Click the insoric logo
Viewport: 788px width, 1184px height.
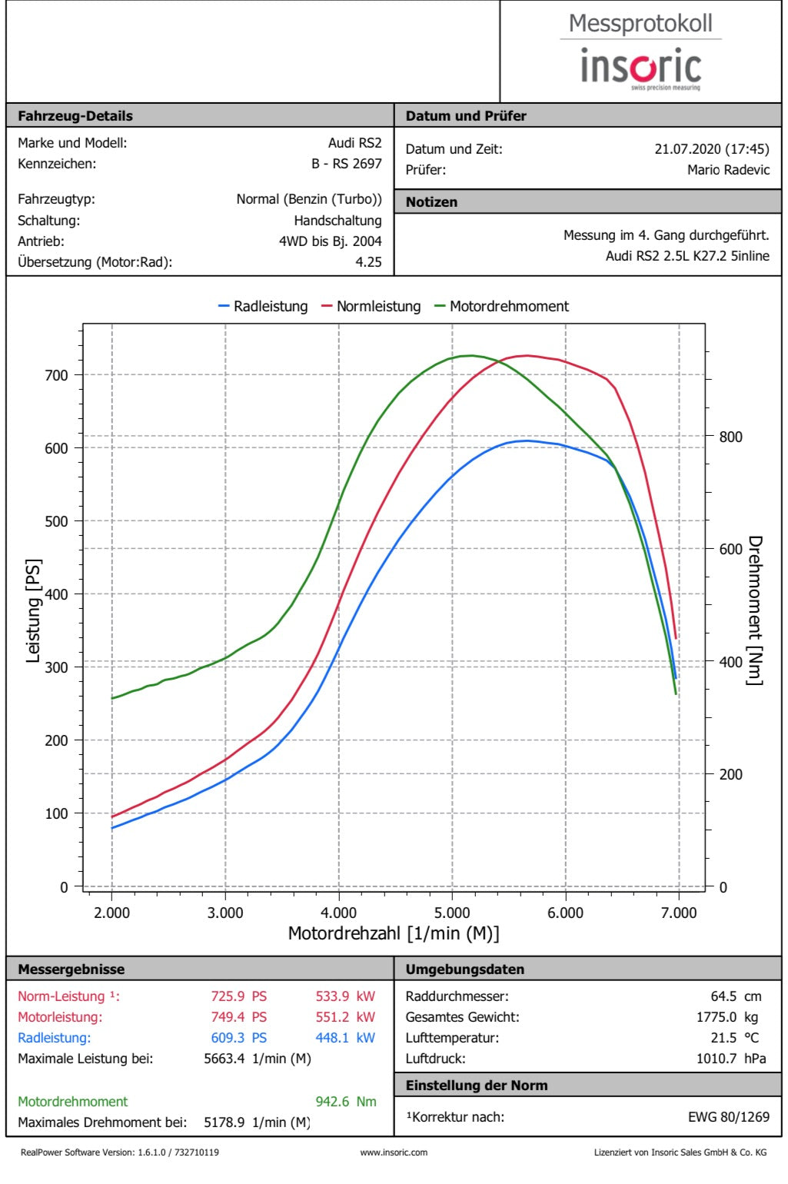coord(640,67)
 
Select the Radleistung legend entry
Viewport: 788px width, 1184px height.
coord(263,306)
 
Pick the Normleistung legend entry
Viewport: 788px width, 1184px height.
coord(371,306)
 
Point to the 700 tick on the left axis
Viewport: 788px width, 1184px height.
coord(57,375)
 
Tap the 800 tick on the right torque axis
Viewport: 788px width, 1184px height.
coord(730,437)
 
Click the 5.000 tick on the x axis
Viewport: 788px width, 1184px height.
coord(452,913)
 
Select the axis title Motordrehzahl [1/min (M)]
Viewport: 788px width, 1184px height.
coord(394,933)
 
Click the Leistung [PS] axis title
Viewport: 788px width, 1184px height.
coord(33,610)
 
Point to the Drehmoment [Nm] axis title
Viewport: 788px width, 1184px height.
coord(755,610)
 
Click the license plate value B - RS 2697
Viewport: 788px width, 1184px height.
coord(346,164)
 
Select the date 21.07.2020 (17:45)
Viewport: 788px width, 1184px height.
coord(711,149)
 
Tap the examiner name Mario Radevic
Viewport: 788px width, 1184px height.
coord(728,170)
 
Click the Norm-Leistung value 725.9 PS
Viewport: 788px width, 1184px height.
coord(238,996)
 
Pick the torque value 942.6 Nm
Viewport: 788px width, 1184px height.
coord(346,1102)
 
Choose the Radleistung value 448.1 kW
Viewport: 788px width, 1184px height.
coord(345,1038)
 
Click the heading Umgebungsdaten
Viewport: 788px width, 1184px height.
coord(465,969)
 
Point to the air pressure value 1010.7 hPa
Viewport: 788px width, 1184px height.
coord(731,1059)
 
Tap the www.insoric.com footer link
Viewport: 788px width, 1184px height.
coord(394,1152)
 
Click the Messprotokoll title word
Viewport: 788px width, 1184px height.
coord(640,24)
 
